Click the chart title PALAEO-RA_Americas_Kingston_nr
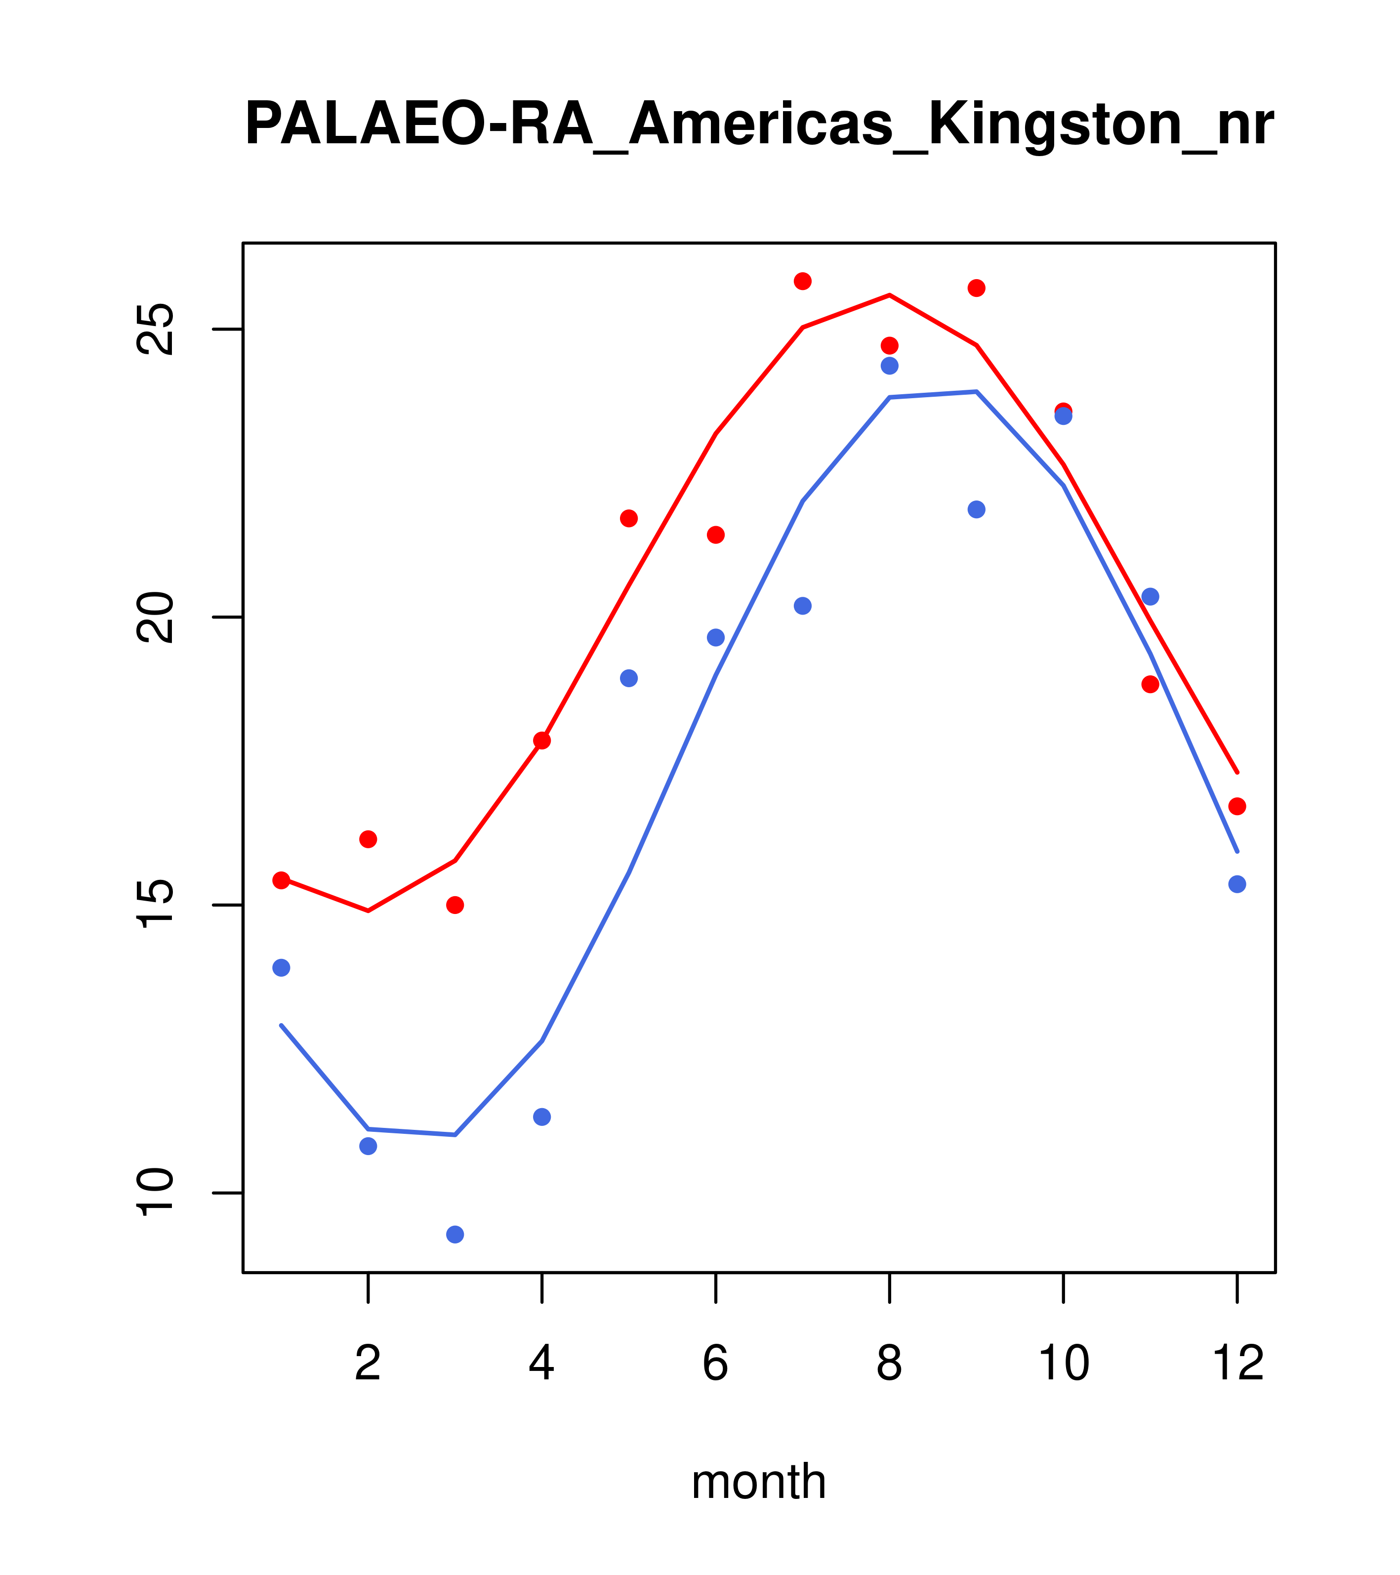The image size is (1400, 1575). tap(759, 125)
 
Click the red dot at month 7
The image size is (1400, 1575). tap(803, 281)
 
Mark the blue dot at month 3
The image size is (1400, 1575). tap(455, 1235)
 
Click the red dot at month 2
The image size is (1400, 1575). tap(369, 839)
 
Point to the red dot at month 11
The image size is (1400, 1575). tap(1151, 684)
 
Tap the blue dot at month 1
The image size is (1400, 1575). tap(281, 968)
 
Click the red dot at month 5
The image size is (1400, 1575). tap(629, 519)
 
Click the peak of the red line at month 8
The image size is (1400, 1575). tap(889, 295)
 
